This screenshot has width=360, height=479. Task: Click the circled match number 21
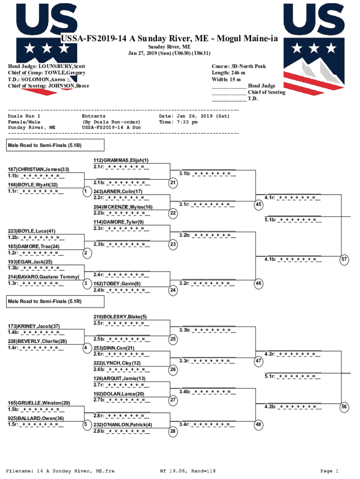(x=173, y=182)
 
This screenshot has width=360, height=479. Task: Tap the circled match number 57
(x=345, y=259)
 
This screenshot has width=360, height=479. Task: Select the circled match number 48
(x=259, y=425)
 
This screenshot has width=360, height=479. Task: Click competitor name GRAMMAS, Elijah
(x=121, y=160)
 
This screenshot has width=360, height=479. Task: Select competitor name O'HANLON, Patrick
(x=122, y=425)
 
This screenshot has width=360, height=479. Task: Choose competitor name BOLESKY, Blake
(x=120, y=317)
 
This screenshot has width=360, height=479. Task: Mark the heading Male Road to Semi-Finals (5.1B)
(x=45, y=145)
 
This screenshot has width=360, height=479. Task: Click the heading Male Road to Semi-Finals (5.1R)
(x=45, y=302)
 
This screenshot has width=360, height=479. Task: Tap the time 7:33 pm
(x=186, y=122)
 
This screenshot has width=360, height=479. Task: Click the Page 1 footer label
(x=329, y=471)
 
